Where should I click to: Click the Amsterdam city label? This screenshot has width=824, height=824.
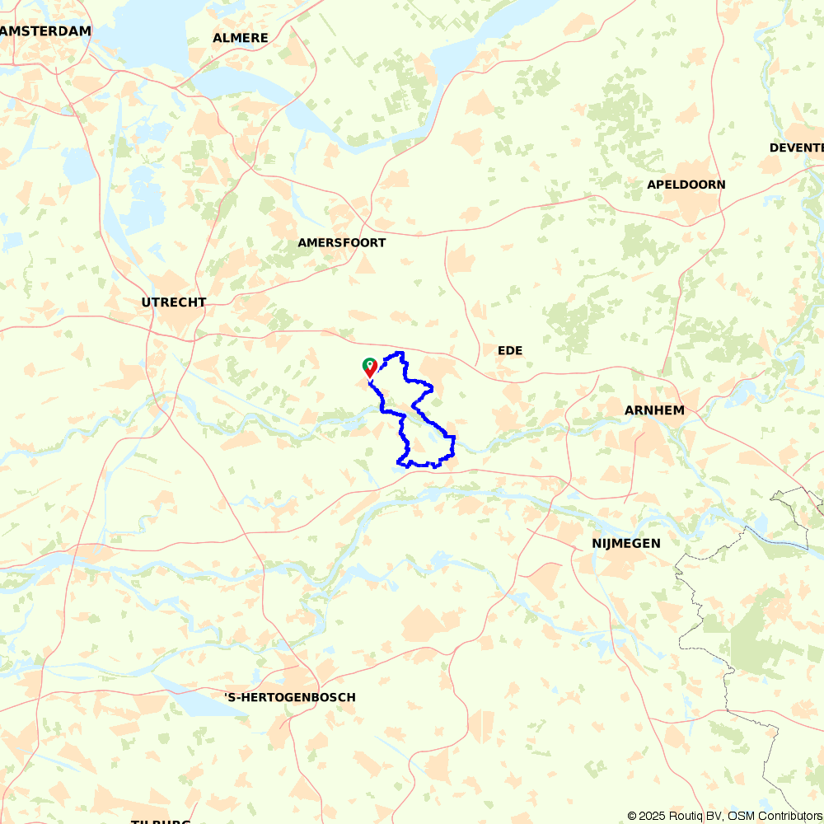(x=46, y=30)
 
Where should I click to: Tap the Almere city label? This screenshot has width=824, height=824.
(x=241, y=38)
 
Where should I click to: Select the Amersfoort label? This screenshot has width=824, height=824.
(x=341, y=243)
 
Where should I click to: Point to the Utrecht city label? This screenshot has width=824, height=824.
(x=173, y=302)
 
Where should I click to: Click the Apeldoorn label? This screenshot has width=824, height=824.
(x=686, y=185)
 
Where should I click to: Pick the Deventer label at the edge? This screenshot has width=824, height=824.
(x=797, y=147)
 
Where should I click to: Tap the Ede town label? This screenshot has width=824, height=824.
(x=510, y=351)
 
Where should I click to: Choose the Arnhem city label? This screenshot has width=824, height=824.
(x=654, y=410)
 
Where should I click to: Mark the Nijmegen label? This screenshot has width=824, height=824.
(x=626, y=543)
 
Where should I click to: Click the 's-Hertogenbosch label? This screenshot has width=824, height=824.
(x=290, y=697)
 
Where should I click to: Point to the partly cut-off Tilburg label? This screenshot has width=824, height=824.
(x=162, y=821)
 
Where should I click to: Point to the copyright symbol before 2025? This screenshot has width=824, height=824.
(x=633, y=816)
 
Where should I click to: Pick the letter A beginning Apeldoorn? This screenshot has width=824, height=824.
(x=652, y=185)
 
